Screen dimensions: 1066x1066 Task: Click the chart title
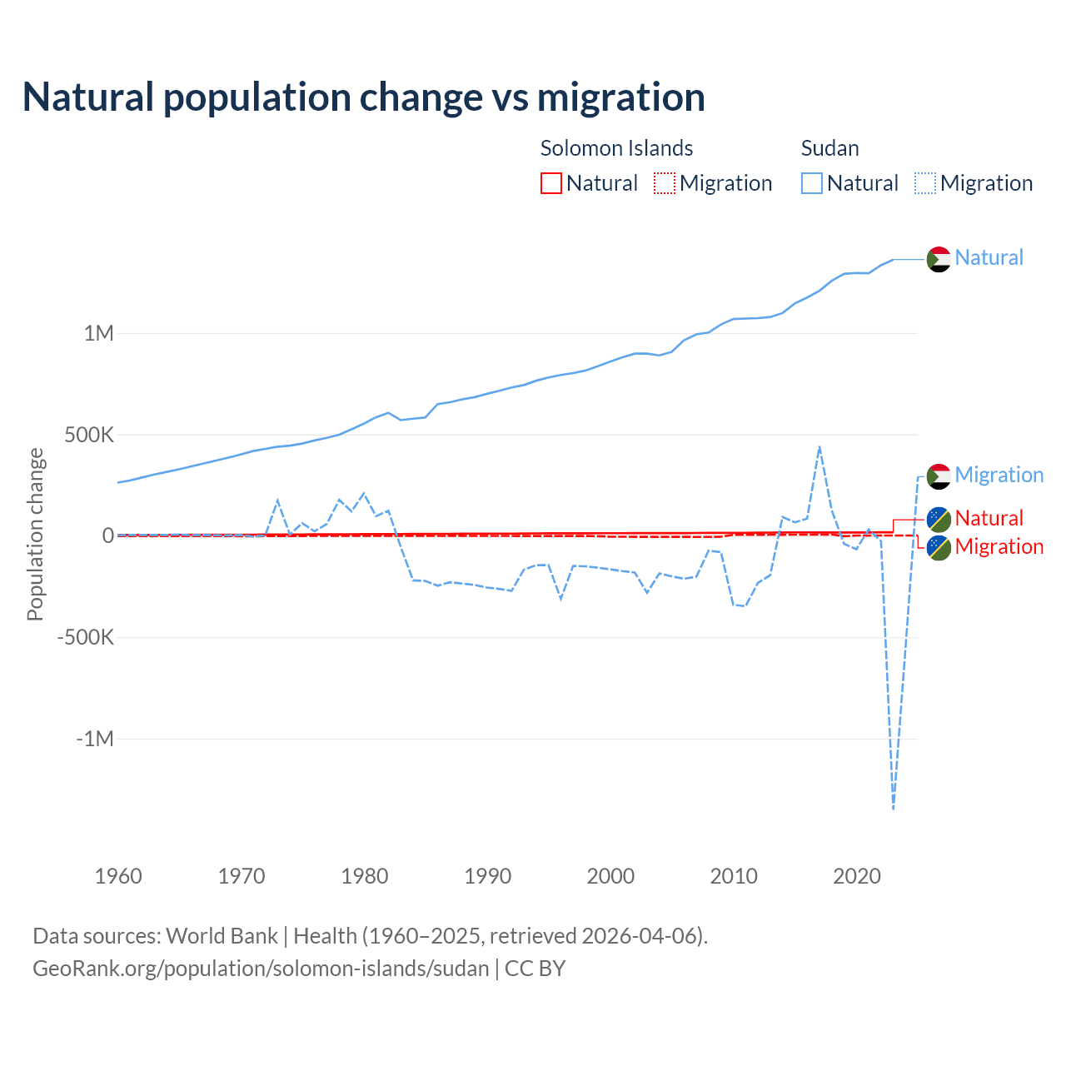[x=364, y=97]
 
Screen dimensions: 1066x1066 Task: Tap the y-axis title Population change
[x=35, y=534]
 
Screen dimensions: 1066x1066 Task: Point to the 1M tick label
[x=98, y=334]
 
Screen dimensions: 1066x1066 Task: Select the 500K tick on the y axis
[x=89, y=435]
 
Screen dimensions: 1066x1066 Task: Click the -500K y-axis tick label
[x=85, y=638]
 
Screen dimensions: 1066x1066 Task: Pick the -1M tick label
[x=94, y=739]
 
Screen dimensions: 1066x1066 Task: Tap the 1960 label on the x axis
[x=118, y=876]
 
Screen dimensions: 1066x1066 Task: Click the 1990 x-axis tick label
[x=488, y=876]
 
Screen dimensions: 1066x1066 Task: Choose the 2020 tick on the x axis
[x=857, y=876]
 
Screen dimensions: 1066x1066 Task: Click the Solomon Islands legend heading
[x=616, y=148]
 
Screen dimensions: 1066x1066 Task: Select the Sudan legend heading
[x=829, y=148]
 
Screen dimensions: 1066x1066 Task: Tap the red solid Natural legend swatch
[x=551, y=183]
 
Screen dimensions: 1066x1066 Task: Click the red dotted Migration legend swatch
[x=665, y=183]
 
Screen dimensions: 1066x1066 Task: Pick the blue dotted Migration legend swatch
[x=925, y=183]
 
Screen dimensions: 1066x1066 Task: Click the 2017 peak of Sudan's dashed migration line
[x=819, y=447]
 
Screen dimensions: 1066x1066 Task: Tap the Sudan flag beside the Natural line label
[x=939, y=259]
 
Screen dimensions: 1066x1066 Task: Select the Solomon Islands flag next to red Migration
[x=939, y=548]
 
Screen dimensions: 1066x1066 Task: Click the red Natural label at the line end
[x=989, y=518]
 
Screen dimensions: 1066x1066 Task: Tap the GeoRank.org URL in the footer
[x=261, y=969]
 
